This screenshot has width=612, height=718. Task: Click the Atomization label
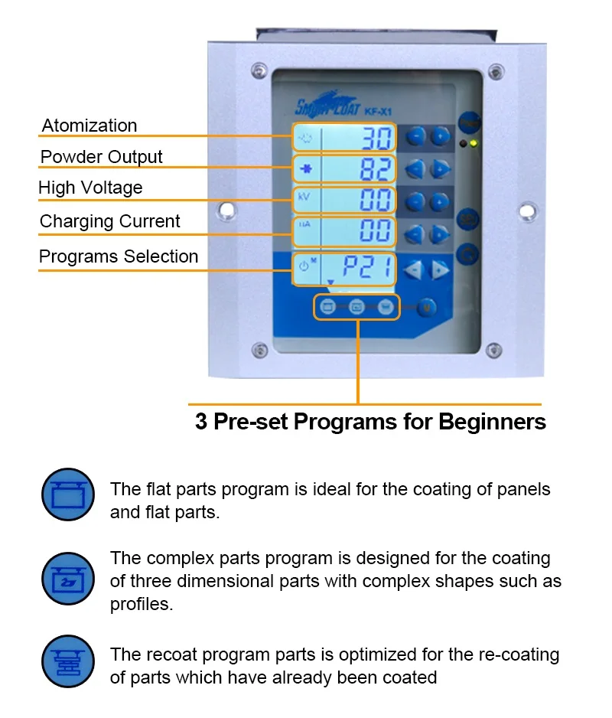click(x=90, y=126)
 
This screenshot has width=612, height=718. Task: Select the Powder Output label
click(x=101, y=157)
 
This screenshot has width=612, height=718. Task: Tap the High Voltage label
click(x=90, y=188)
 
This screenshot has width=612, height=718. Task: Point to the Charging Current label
click(x=109, y=221)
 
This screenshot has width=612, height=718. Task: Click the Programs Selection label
click(x=119, y=256)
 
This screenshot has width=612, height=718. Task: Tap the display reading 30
click(x=376, y=138)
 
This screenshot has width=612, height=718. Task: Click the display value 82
click(x=376, y=168)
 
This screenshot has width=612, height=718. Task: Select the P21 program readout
click(x=368, y=268)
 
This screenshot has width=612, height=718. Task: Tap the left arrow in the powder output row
click(x=415, y=168)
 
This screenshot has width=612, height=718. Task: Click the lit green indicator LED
click(x=474, y=143)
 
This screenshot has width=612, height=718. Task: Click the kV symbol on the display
click(x=304, y=197)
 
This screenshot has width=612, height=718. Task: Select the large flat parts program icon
click(x=68, y=494)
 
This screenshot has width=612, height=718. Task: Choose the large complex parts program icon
click(x=68, y=578)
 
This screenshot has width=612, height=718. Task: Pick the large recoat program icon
click(x=68, y=661)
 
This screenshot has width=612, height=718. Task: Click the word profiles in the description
click(x=141, y=604)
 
